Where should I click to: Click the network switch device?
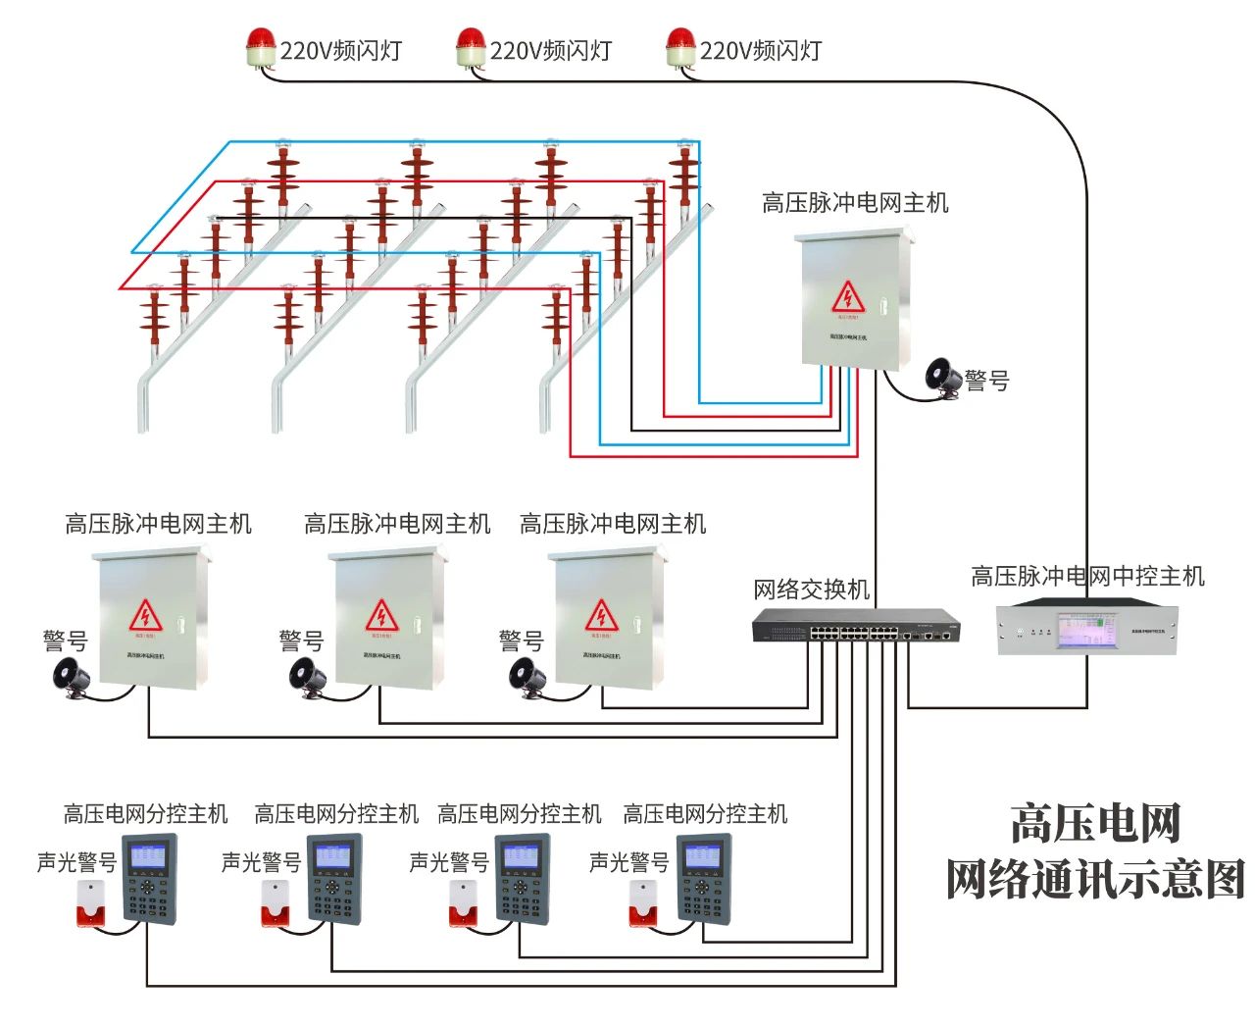point(856,625)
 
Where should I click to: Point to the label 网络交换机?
point(811,589)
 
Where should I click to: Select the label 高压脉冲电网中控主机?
point(1087,576)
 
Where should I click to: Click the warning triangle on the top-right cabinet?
point(848,297)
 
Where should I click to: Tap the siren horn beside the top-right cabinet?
point(943,377)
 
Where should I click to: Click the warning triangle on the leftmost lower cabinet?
point(145,616)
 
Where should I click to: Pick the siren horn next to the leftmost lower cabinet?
point(72,677)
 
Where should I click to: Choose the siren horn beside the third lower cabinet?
point(527,677)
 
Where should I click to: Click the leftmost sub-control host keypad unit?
point(149,878)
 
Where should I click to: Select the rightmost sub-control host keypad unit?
point(704,878)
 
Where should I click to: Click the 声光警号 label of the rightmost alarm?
point(628,862)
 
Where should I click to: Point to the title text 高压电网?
point(1095,823)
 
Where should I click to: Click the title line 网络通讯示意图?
point(1095,879)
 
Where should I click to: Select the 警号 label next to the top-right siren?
point(986,381)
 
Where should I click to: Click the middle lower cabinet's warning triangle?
point(381,616)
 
